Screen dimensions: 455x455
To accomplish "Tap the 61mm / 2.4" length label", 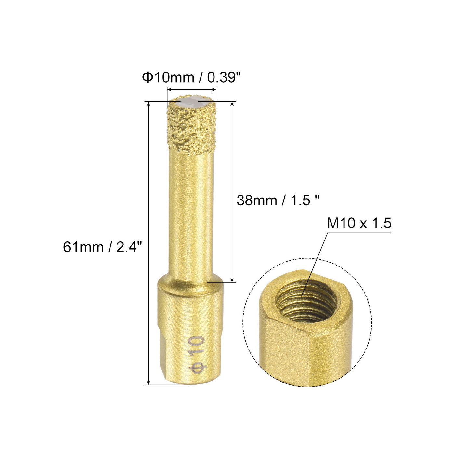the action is (x=102, y=247).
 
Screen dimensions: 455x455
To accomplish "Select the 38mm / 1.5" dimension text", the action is (x=278, y=201).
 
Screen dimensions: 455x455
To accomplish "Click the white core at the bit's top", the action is (x=191, y=103).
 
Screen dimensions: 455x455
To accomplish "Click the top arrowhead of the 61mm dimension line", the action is (x=149, y=104).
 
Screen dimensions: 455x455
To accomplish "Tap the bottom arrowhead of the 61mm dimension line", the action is (x=149, y=382).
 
